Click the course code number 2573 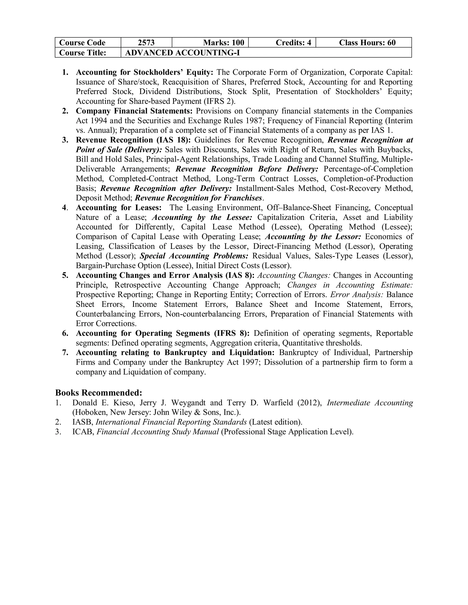(146, 43)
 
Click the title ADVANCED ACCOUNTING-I (182, 53)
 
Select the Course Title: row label (83, 53)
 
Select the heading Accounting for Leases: (119, 208)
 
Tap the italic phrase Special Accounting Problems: (194, 256)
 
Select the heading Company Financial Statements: (134, 111)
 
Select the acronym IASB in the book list (83, 422)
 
